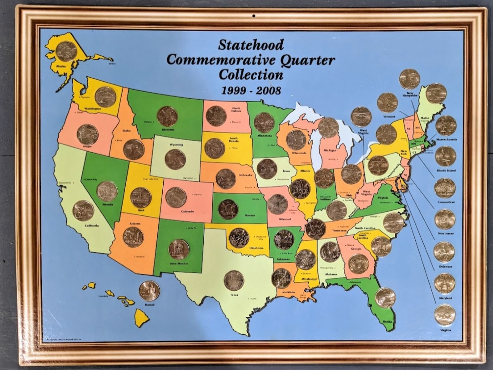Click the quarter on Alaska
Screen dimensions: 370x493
(x=66, y=51)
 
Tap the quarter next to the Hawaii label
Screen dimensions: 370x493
(x=149, y=291)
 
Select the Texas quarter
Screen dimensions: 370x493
(x=234, y=280)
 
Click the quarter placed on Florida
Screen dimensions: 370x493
(x=385, y=298)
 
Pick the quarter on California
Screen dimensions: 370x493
(x=83, y=211)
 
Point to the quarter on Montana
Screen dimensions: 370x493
(x=167, y=116)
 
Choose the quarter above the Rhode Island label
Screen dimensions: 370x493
(x=446, y=157)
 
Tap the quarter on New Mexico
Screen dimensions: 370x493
(x=178, y=249)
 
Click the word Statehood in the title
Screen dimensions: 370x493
(x=250, y=45)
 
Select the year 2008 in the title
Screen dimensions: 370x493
(x=269, y=91)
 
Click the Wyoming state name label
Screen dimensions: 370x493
(x=176, y=145)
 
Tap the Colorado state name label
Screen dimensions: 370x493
(x=187, y=211)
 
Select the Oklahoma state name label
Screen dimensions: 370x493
(x=256, y=248)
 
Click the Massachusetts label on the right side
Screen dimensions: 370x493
(x=446, y=140)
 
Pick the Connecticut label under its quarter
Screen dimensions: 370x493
(x=446, y=202)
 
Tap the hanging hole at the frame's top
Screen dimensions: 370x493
(x=253, y=15)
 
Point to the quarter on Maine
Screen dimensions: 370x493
(x=436, y=93)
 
